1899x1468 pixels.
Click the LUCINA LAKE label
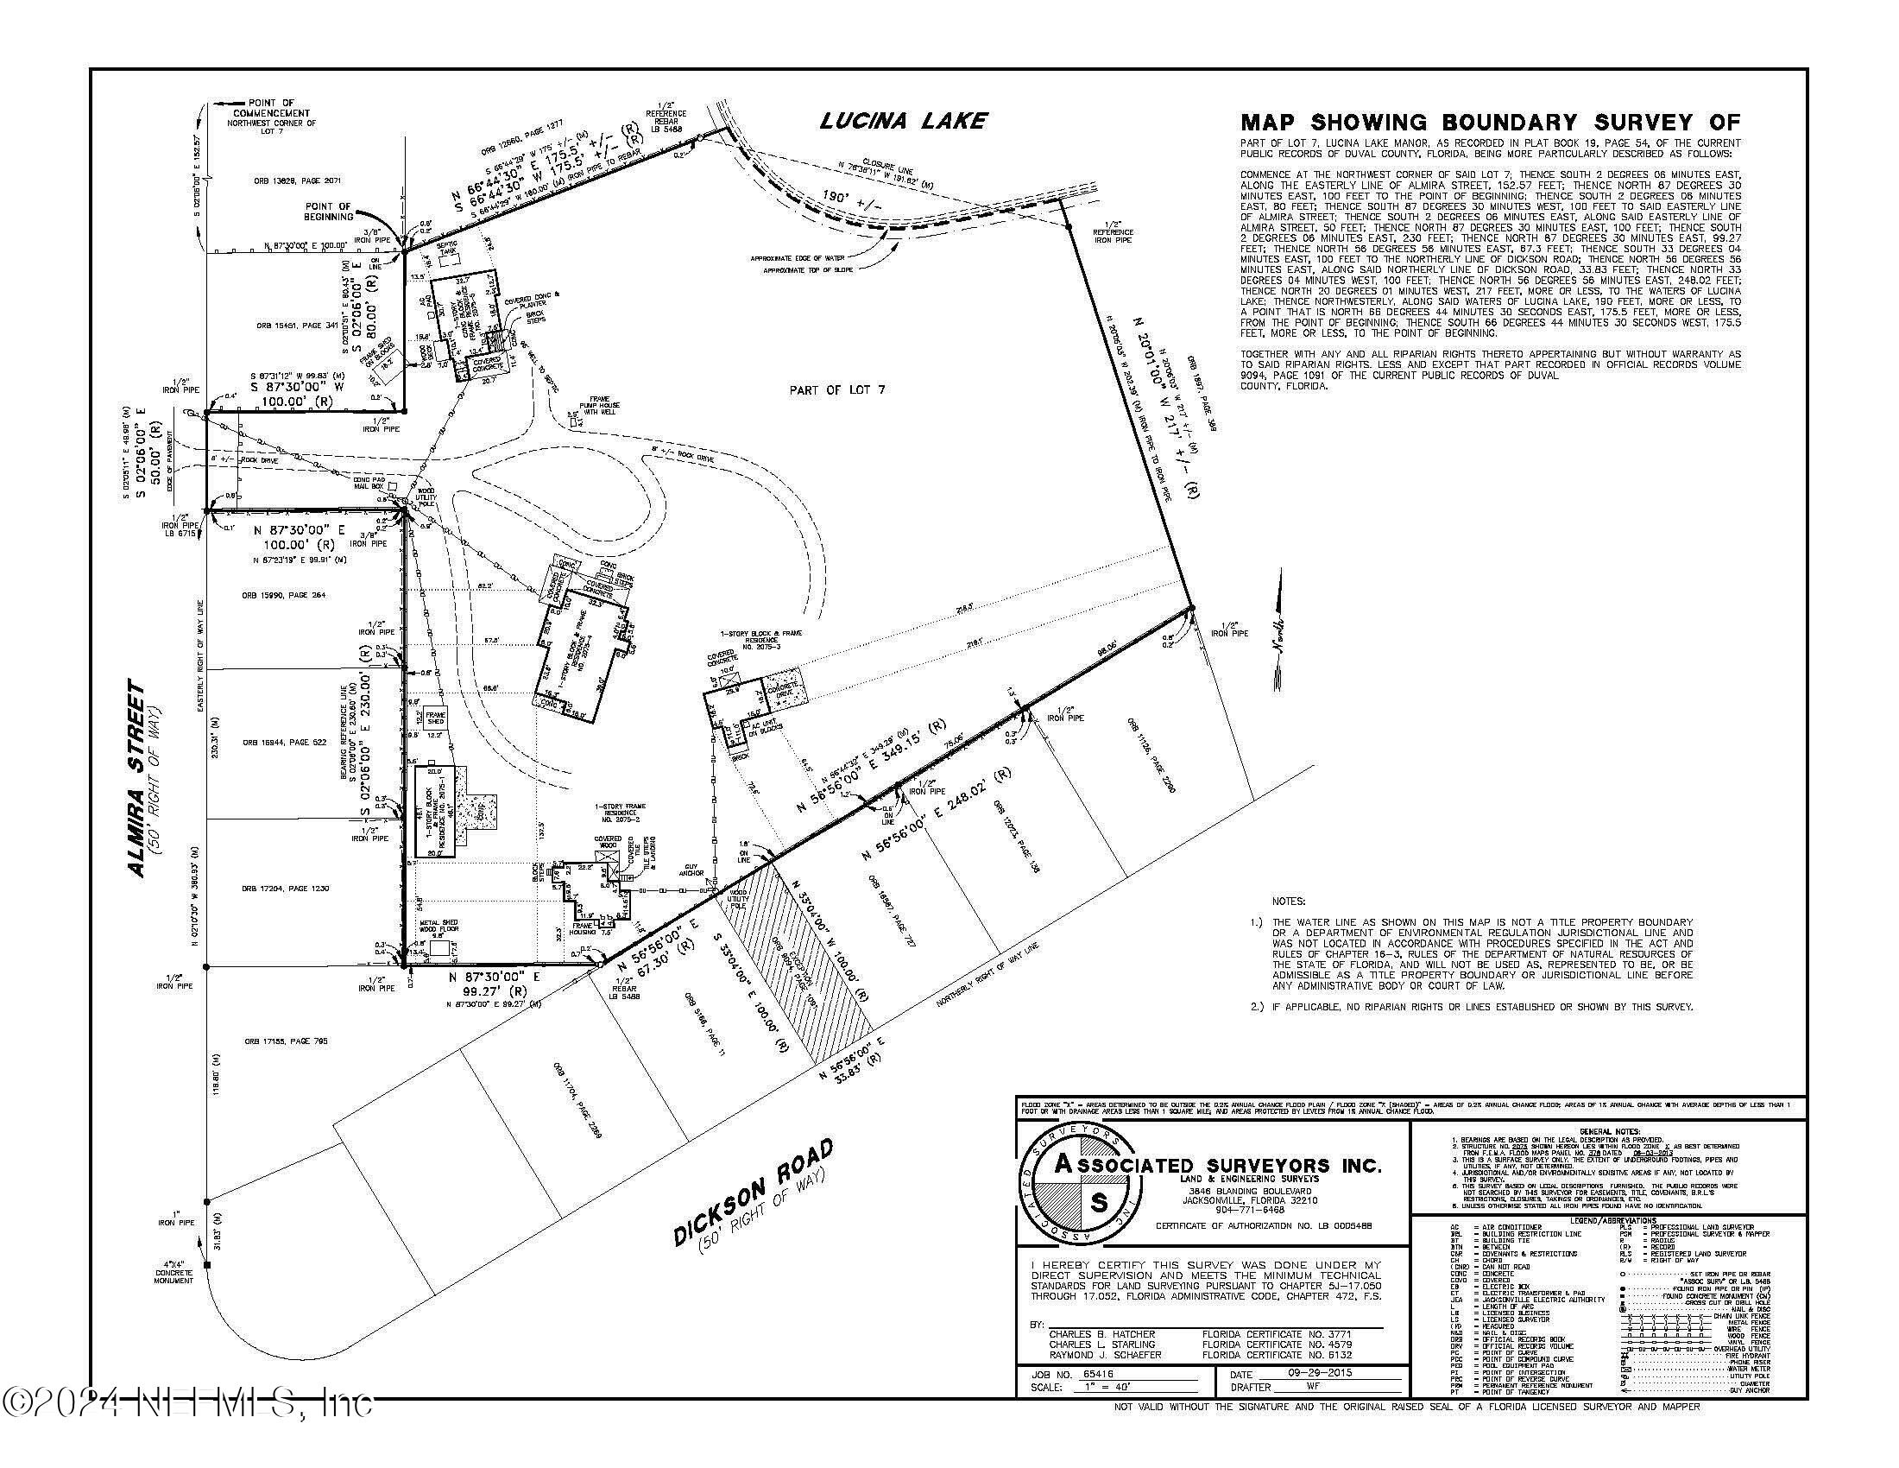pos(903,120)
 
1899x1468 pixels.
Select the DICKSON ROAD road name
pos(754,1192)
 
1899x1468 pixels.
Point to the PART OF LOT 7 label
pos(836,390)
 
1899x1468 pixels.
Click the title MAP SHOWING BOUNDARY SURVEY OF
pos(1491,123)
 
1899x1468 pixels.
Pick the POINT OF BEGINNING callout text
pos(329,212)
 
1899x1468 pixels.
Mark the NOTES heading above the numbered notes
pos(1288,902)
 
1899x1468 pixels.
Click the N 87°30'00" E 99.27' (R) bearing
pos(495,984)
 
